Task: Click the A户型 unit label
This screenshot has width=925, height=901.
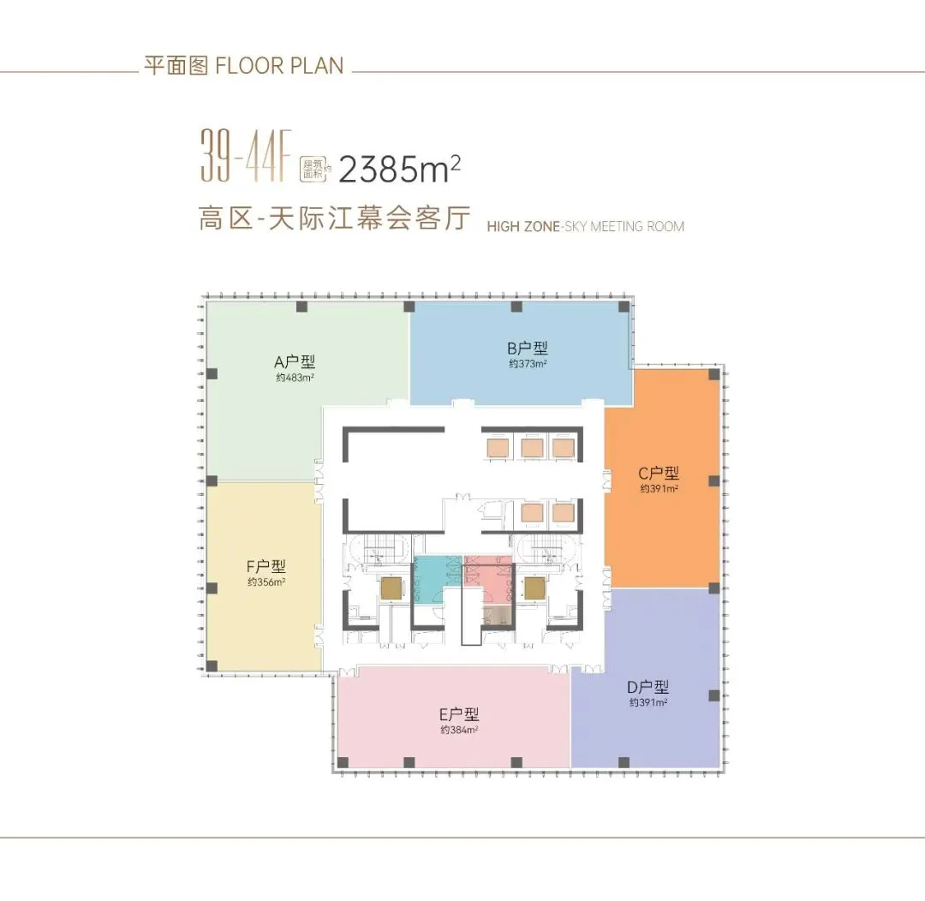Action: pyautogui.click(x=295, y=361)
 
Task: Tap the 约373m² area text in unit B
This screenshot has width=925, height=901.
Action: pyautogui.click(x=528, y=364)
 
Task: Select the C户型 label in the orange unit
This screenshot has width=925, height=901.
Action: pyautogui.click(x=659, y=474)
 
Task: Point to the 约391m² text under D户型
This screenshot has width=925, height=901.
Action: pyautogui.click(x=647, y=703)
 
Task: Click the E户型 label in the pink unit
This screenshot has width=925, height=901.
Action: pyautogui.click(x=458, y=714)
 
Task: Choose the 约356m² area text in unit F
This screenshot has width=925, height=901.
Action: pyautogui.click(x=266, y=582)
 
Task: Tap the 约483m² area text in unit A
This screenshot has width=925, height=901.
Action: pyautogui.click(x=295, y=378)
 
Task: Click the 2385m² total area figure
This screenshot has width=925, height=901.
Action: pyautogui.click(x=399, y=169)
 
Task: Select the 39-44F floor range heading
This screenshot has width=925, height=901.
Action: pyautogui.click(x=246, y=156)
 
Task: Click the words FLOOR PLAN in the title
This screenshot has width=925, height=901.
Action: pyautogui.click(x=279, y=65)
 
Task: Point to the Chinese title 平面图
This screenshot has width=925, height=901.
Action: pyautogui.click(x=176, y=65)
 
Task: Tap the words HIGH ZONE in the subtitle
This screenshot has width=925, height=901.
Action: pyautogui.click(x=522, y=227)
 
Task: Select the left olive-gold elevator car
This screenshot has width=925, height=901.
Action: pyautogui.click(x=390, y=588)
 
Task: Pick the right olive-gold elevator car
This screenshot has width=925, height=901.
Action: pyautogui.click(x=534, y=588)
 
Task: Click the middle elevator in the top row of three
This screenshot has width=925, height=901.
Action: pyautogui.click(x=532, y=448)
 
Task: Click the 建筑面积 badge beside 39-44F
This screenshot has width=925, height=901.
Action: pyautogui.click(x=313, y=169)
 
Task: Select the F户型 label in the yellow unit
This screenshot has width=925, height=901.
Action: pyautogui.click(x=266, y=566)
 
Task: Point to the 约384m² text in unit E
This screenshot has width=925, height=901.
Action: pyautogui.click(x=459, y=731)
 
